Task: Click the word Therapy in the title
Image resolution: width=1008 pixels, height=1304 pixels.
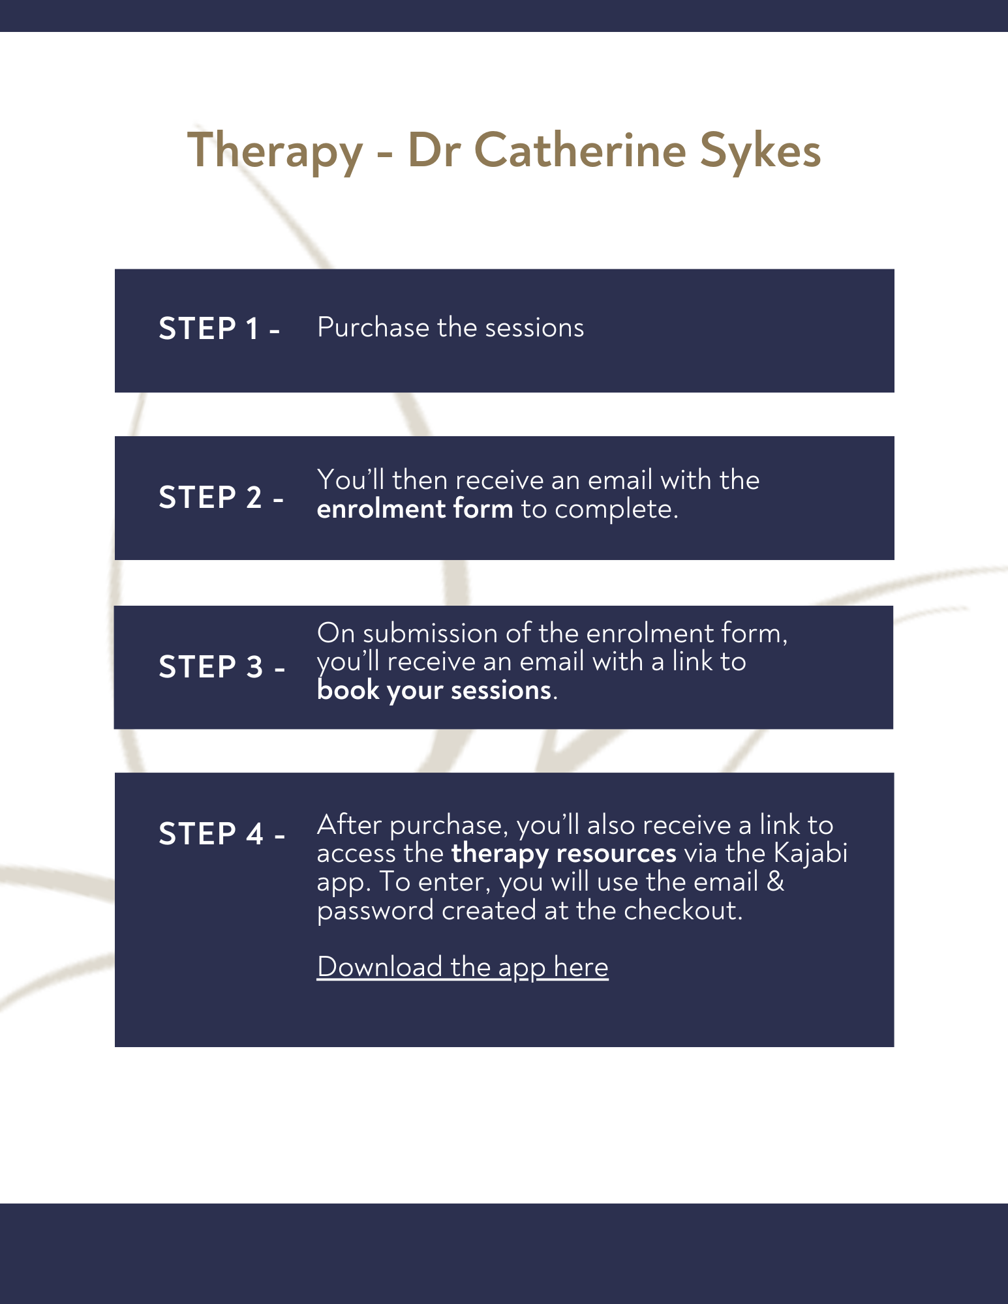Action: pyautogui.click(x=275, y=151)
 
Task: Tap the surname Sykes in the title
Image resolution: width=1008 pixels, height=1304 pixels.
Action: pyautogui.click(x=760, y=151)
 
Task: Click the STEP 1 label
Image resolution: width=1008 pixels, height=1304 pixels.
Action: pyautogui.click(x=219, y=328)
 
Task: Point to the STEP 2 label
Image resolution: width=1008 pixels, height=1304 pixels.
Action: pyautogui.click(x=221, y=497)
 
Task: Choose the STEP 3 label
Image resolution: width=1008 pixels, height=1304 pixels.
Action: pyautogui.click(x=221, y=666)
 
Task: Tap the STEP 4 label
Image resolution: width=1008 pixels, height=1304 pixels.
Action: pyautogui.click(x=221, y=834)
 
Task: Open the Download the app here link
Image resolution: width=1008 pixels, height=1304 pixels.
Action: pyautogui.click(x=462, y=967)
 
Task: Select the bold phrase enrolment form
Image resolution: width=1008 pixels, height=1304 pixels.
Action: pyautogui.click(x=415, y=509)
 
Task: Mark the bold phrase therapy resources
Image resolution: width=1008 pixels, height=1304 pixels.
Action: pyautogui.click(x=564, y=853)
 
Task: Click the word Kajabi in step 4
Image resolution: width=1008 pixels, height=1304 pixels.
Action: pyautogui.click(x=810, y=853)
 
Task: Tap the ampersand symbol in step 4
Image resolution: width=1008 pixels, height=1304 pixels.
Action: pyautogui.click(x=775, y=882)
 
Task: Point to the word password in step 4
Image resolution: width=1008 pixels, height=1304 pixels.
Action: pyautogui.click(x=375, y=910)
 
